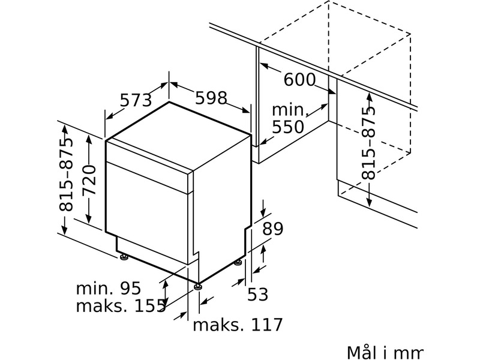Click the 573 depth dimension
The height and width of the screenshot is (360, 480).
click(136, 100)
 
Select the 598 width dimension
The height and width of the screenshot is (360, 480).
click(211, 98)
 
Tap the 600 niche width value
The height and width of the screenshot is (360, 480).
click(299, 80)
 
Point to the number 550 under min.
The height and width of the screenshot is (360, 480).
click(288, 127)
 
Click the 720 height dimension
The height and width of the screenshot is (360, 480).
click(89, 181)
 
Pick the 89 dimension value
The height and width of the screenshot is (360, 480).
click(273, 228)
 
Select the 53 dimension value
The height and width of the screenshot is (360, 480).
click(257, 294)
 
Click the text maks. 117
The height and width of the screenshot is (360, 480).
click(238, 325)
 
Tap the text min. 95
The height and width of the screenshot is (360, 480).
click(109, 288)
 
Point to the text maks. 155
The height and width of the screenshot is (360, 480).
click(121, 306)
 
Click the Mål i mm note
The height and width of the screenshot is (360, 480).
click(385, 352)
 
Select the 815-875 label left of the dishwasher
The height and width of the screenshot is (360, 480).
click(66, 175)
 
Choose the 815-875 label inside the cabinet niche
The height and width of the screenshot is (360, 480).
click(368, 143)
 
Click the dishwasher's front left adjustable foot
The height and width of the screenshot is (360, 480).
click(124, 257)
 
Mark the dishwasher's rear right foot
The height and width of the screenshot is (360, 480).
click(238, 262)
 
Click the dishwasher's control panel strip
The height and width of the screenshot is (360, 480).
click(149, 166)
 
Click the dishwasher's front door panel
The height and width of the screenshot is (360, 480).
click(146, 212)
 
